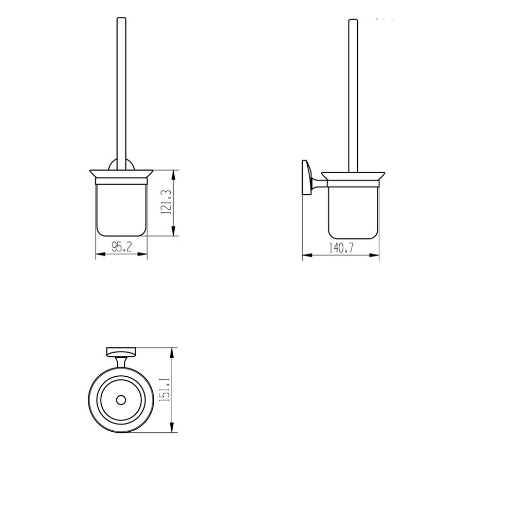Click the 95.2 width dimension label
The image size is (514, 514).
point(122,247)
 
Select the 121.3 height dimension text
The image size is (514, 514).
point(166,204)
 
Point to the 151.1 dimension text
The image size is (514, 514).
point(166,391)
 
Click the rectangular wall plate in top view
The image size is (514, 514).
point(121,352)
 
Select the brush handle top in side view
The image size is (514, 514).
point(353,22)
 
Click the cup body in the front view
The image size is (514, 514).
point(121,211)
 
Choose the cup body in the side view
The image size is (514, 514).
point(353,211)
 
